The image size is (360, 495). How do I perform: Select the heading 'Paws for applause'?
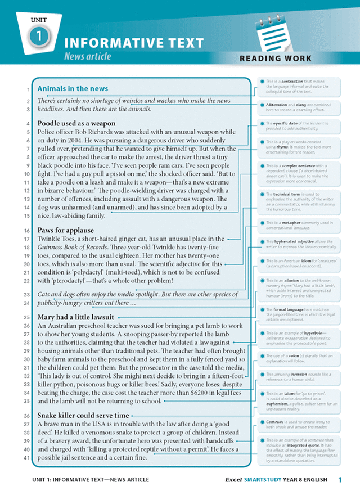65,230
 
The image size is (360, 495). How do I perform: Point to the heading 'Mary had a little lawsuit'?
75,317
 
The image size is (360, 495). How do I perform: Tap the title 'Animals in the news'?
73,88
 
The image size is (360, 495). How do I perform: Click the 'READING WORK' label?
275,58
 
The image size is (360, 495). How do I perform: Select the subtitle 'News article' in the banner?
87,56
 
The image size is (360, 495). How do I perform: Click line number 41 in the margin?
28,458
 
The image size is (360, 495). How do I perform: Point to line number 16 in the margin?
28,231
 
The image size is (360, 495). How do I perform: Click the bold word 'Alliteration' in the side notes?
277,105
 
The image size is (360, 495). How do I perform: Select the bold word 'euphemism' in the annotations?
278,404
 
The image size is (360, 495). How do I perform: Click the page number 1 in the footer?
340,480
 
